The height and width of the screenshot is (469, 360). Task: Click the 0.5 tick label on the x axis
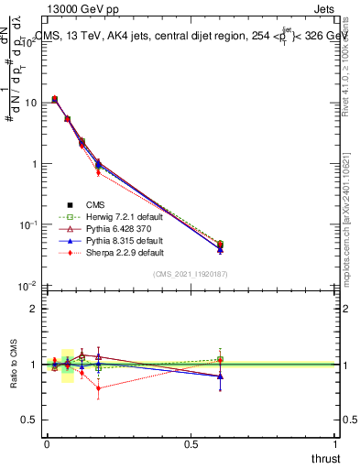click(x=191, y=444)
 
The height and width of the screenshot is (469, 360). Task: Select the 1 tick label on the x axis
click(x=335, y=444)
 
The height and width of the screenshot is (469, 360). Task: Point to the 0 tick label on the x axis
click(x=47, y=444)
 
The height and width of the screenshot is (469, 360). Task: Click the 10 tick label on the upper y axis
click(x=33, y=103)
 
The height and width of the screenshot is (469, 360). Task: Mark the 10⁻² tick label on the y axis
click(x=30, y=286)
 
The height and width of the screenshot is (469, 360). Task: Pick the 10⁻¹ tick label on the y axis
click(x=30, y=224)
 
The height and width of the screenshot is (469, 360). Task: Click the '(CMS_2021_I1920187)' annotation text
click(x=191, y=274)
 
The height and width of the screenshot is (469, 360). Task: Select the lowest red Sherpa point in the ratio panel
click(x=98, y=388)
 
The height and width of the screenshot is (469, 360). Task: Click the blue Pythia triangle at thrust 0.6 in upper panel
click(x=220, y=250)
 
